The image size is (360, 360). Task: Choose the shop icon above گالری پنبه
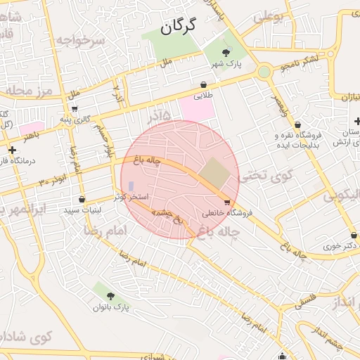(x=75, y=109)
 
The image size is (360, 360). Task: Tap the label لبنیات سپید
(x=83, y=210)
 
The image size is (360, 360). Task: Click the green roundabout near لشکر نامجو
(x=264, y=71)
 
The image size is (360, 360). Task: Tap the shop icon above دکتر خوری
(x=353, y=235)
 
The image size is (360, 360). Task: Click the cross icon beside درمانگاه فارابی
(x=12, y=150)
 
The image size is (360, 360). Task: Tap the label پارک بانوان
(x=111, y=307)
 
